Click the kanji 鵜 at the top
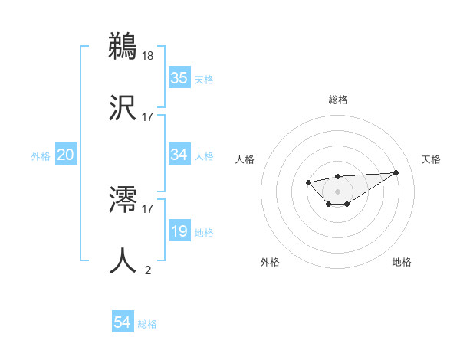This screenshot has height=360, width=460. (x=123, y=46)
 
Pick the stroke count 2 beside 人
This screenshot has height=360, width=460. (x=148, y=270)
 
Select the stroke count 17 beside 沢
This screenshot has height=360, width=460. (x=148, y=117)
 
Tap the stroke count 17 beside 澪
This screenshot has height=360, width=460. (x=148, y=208)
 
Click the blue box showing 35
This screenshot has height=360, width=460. (x=179, y=78)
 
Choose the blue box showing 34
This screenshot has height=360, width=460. (x=179, y=155)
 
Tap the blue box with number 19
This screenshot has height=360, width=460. (x=179, y=231)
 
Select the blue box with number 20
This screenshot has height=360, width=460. (x=65, y=155)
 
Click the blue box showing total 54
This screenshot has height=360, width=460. (x=123, y=322)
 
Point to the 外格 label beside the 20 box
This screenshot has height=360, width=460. (x=41, y=156)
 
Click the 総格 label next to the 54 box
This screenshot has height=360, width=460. (x=147, y=324)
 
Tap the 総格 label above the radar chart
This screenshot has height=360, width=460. (x=337, y=100)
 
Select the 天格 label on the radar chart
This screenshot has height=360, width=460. (x=431, y=159)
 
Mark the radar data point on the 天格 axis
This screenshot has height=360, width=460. (x=396, y=172)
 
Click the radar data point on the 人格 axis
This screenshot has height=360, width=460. (x=308, y=182)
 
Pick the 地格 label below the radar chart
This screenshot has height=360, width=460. (x=402, y=262)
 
